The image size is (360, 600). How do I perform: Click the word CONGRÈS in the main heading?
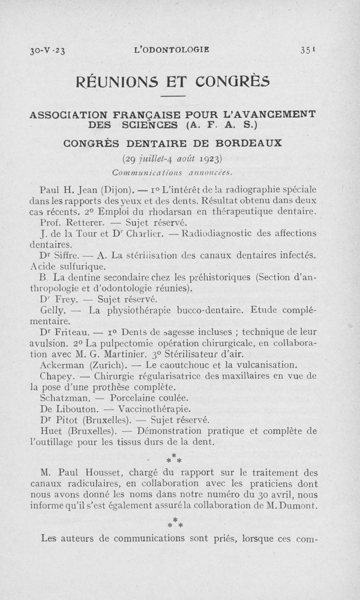[x=234, y=82]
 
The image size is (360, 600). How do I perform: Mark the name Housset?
[x=100, y=473]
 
